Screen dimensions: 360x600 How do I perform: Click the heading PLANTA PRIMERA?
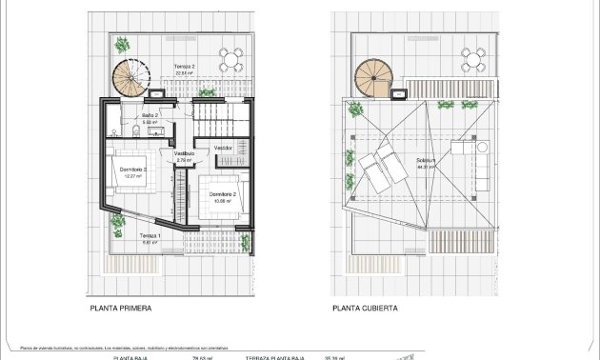coord(120,309)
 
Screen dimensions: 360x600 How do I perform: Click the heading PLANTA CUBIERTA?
coord(365,309)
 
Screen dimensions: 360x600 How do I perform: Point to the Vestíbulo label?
coord(184,152)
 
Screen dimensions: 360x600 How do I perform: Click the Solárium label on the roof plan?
coord(426,161)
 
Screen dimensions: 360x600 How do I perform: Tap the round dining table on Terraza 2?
coord(231,61)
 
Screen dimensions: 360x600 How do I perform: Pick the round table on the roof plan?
coord(474,61)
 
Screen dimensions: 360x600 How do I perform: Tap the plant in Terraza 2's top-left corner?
coord(122,45)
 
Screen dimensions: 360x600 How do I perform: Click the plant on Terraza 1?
coord(118,225)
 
